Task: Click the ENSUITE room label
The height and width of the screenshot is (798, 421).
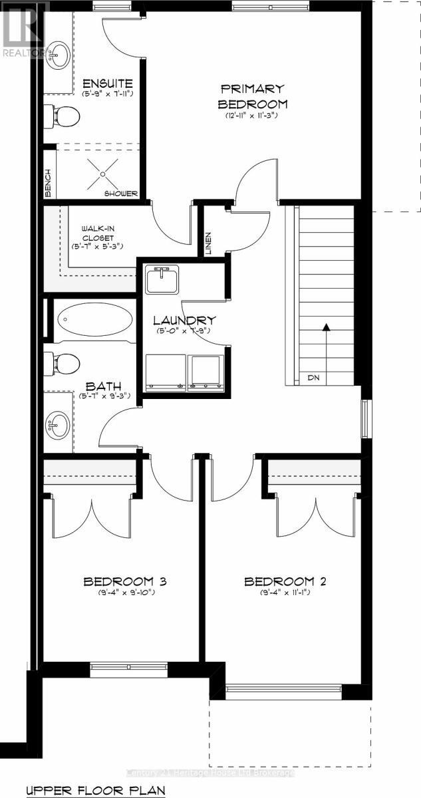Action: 108,84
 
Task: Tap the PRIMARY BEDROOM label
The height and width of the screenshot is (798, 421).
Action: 252,96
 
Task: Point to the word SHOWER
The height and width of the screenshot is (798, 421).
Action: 120,194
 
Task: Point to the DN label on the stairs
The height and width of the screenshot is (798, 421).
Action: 313,378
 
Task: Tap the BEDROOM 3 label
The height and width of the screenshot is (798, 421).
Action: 124,582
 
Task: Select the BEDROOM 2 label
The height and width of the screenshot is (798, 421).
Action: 285,582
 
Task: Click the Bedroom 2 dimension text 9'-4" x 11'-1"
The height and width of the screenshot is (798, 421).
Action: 285,593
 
